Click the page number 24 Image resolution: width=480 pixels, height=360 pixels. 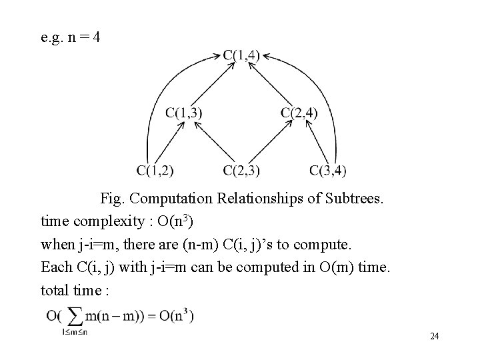pos(434,336)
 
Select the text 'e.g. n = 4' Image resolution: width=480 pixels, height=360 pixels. pos(71,37)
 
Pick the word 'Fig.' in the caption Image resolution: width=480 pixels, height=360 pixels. pos(113,198)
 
